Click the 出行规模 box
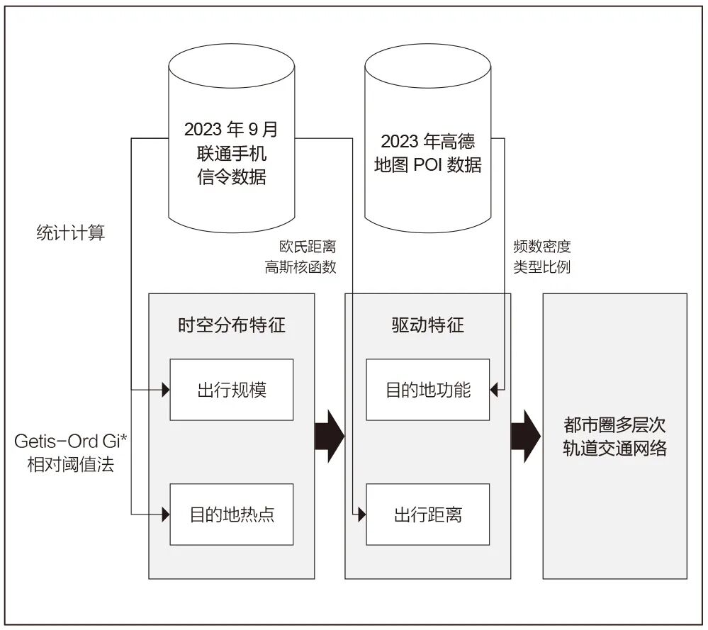pyautogui.click(x=231, y=390)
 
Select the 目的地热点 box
pyautogui.click(x=231, y=514)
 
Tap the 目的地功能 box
pyautogui.click(x=427, y=390)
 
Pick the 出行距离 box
pyautogui.click(x=427, y=514)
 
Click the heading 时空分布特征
pyautogui.click(x=231, y=325)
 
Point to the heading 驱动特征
pyautogui.click(x=427, y=325)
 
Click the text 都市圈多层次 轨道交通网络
pyautogui.click(x=614, y=437)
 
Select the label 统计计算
pyautogui.click(x=70, y=233)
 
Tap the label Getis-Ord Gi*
pyautogui.click(x=70, y=441)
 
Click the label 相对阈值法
pyautogui.click(x=70, y=466)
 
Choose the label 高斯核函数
pyautogui.click(x=300, y=267)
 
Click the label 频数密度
pyautogui.click(x=541, y=247)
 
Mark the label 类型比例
pyautogui.click(x=541, y=267)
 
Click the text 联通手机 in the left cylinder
pyautogui.click(x=231, y=153)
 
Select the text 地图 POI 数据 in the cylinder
pyautogui.click(x=427, y=165)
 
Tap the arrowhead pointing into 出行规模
pyautogui.click(x=166, y=389)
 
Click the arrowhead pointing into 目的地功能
pyautogui.click(x=495, y=389)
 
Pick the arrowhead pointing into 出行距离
pyautogui.click(x=362, y=514)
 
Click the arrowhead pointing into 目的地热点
pyautogui.click(x=166, y=514)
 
